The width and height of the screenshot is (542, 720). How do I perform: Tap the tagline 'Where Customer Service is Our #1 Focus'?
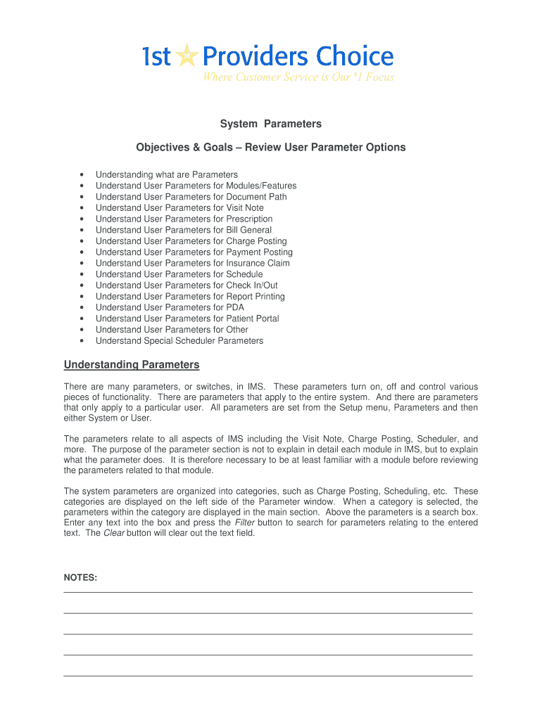coord(298,77)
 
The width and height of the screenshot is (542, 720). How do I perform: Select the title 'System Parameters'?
coord(270,124)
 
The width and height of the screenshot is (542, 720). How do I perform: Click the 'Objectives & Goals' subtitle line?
coord(270,148)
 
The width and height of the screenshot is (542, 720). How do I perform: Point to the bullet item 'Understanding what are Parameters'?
coord(167,174)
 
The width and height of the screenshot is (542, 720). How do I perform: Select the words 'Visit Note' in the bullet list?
coord(245,207)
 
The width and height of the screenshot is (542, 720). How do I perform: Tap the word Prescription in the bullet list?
coord(249,219)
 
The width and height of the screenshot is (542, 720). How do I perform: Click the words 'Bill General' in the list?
coord(248,230)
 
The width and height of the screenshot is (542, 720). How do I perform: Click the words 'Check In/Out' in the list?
coord(251,285)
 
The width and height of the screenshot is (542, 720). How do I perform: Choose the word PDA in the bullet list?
coord(236,307)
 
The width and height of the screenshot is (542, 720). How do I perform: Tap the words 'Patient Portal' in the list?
coord(252,319)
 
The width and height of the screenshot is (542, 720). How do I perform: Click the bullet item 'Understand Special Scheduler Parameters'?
coord(179,341)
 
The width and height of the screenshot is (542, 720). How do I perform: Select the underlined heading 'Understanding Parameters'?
coord(132,365)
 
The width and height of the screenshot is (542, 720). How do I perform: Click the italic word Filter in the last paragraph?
coord(244,522)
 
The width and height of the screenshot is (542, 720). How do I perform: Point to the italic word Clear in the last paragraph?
coord(114,533)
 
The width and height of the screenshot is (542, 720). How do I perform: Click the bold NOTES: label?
coord(80,577)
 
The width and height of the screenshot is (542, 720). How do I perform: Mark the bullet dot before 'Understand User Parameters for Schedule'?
coord(82,274)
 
